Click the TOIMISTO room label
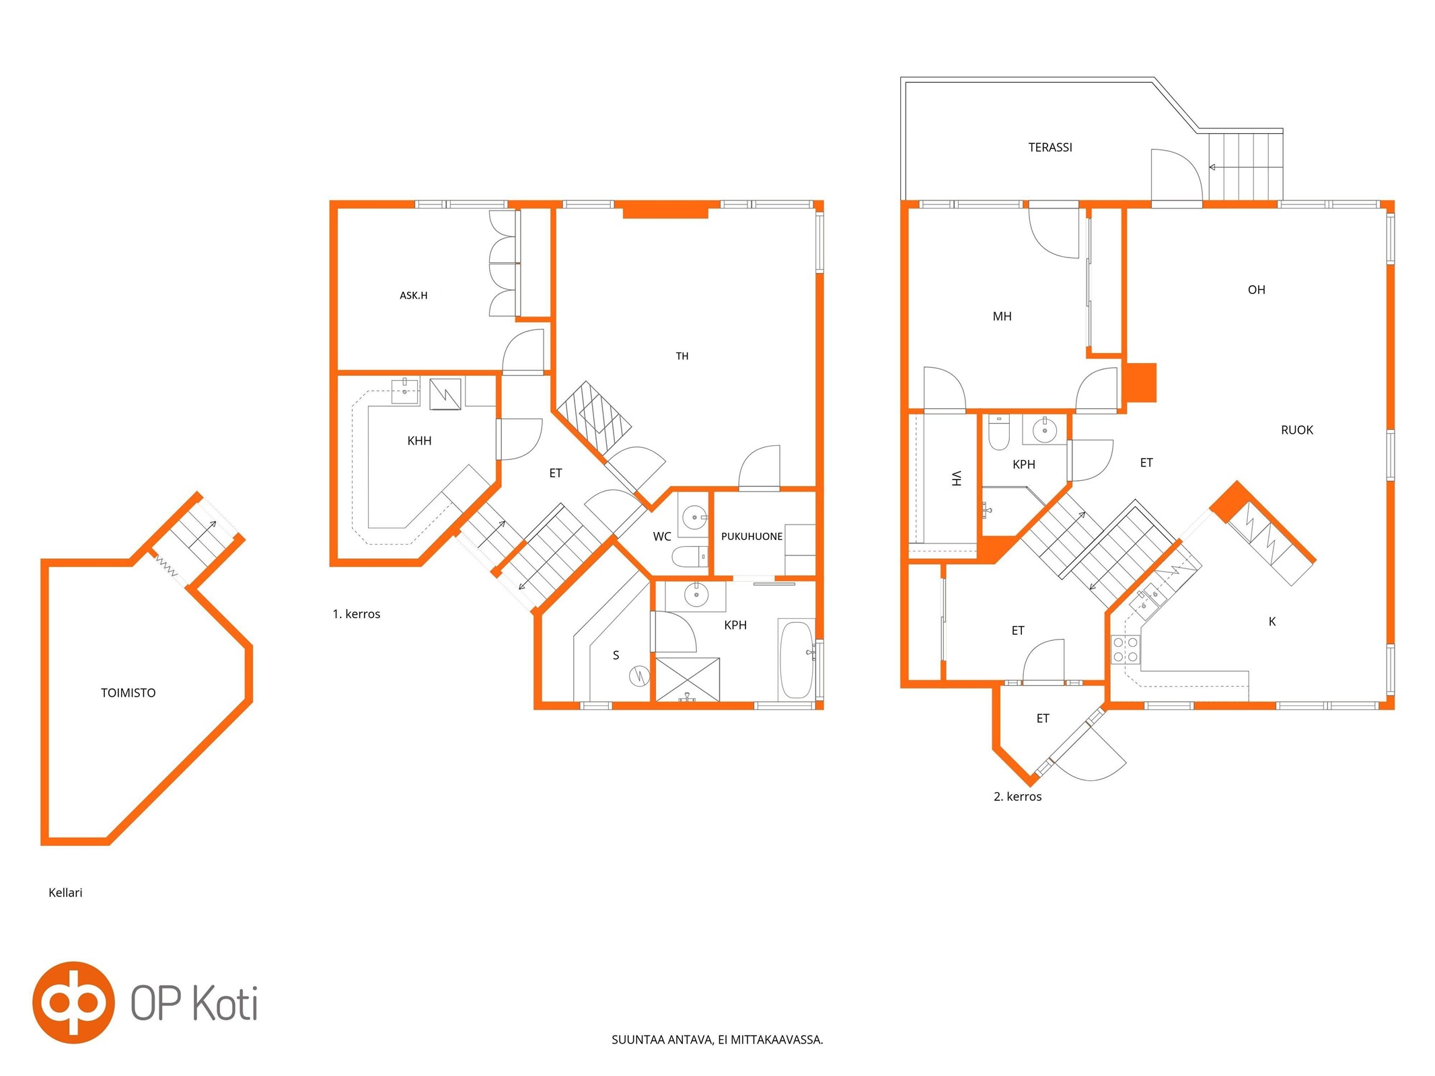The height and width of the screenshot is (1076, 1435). click(128, 693)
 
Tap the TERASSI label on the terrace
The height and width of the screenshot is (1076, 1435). click(1050, 147)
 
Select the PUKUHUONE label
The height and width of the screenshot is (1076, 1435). click(751, 536)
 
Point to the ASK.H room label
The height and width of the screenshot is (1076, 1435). click(413, 295)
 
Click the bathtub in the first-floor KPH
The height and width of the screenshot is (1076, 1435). click(797, 660)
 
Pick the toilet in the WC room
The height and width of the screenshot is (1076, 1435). click(690, 556)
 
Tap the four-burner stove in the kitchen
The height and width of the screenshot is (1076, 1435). click(1125, 649)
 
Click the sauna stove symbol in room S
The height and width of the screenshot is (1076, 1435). click(638, 675)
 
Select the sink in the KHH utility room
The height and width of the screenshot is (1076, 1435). click(404, 391)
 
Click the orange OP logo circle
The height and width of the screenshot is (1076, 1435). click(73, 1002)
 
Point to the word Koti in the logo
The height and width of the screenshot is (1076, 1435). click(225, 1003)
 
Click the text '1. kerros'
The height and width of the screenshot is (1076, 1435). click(357, 614)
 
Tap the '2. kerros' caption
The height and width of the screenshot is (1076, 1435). click(1017, 796)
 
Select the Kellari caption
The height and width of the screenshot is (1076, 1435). click(65, 892)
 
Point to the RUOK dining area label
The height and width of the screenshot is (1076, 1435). click(1296, 430)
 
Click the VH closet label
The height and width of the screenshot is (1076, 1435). click(956, 478)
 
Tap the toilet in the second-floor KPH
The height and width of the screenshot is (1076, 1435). click(999, 432)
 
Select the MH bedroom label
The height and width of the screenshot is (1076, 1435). click(1002, 316)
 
